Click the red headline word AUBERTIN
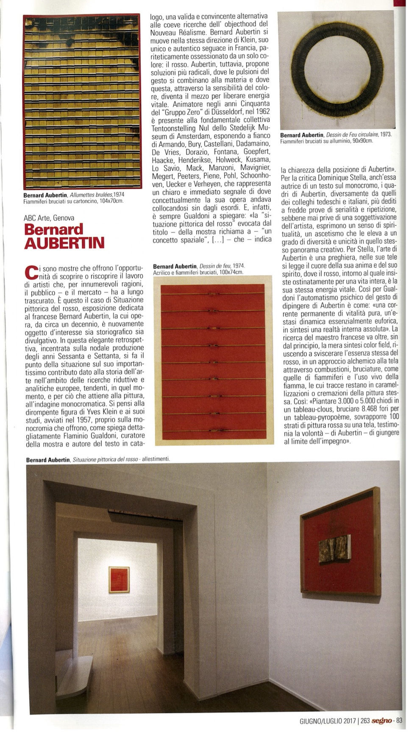tap(64, 243)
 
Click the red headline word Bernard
tap(53, 229)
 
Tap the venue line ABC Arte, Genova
tap(49, 218)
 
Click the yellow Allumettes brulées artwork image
tap(82, 102)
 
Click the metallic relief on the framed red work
tap(335, 548)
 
